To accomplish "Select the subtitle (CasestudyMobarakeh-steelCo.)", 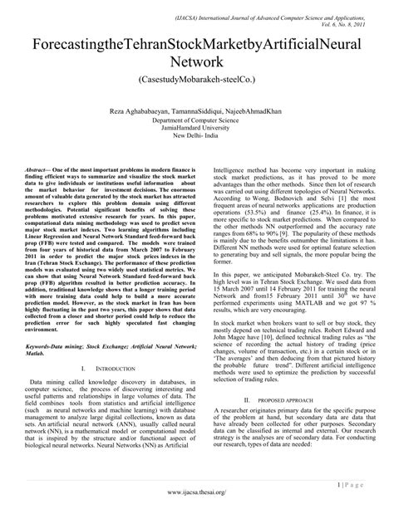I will tap(197, 83).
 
